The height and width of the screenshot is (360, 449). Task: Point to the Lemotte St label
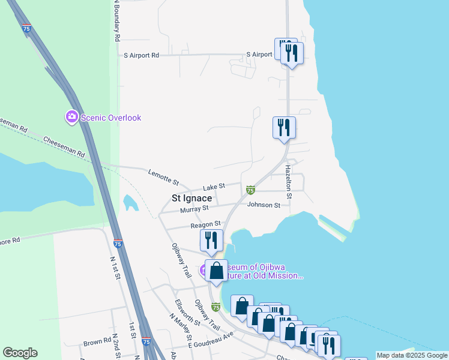tap(163, 176)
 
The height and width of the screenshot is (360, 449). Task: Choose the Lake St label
tap(213, 187)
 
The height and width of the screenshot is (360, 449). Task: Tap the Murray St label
tap(194, 208)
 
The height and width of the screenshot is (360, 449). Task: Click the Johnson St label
tap(264, 205)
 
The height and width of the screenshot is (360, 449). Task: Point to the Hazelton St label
tap(288, 182)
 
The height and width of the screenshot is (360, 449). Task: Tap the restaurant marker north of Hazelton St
tap(284, 127)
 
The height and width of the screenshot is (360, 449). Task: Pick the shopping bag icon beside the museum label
tap(217, 270)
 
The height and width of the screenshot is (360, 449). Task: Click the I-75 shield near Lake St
tap(251, 190)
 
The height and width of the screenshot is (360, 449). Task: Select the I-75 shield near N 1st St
tap(118, 244)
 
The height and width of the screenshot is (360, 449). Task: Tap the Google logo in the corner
tap(20, 353)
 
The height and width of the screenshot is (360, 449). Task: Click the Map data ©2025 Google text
tap(412, 355)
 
